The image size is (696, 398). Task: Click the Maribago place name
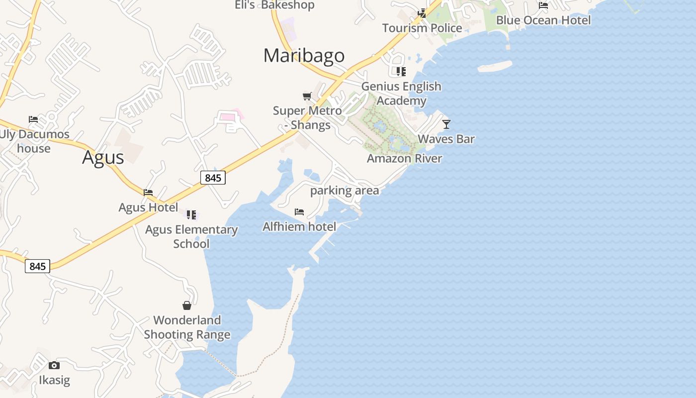304,55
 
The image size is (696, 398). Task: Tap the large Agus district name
103,157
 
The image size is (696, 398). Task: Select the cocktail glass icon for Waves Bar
446,124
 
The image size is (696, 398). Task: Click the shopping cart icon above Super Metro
307,96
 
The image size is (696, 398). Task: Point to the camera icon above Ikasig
54,366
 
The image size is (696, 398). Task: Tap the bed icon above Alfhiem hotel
299,212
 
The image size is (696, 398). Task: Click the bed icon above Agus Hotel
148,193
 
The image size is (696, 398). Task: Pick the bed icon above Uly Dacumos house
33,119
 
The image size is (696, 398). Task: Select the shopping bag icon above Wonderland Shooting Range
187,305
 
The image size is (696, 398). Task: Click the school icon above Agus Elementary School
191,215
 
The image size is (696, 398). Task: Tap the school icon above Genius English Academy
401,72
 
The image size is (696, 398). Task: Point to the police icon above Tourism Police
422,13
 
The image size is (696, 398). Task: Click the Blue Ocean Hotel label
543,20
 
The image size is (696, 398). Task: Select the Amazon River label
404,159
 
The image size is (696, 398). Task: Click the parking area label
345,191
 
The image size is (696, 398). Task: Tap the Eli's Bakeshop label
274,5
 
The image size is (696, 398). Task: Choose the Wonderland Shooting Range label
187,327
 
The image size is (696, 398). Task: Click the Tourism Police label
422,28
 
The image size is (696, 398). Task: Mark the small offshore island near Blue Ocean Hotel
495,67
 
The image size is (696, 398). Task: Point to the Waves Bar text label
446,139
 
